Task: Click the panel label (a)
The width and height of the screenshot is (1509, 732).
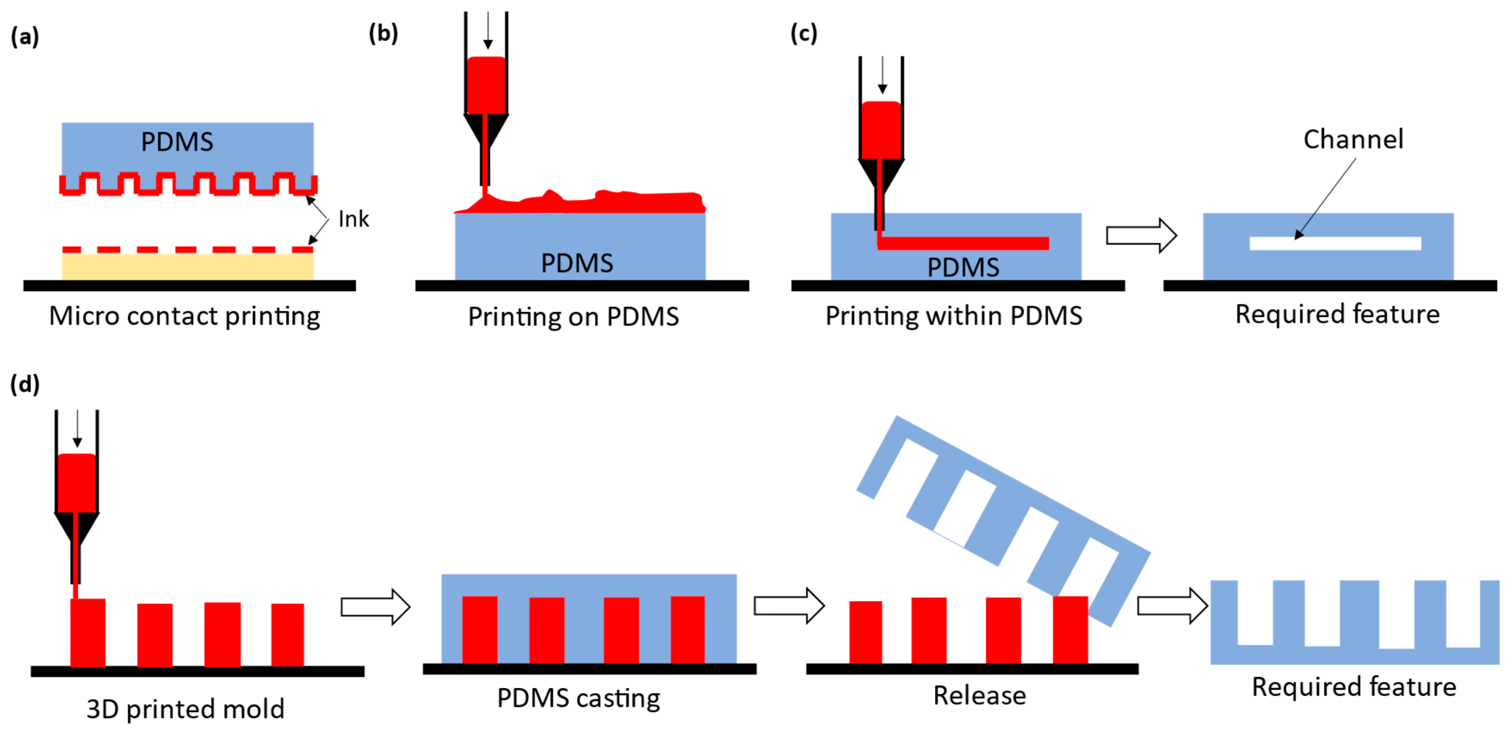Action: click(25, 37)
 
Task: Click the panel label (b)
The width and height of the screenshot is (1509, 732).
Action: click(383, 34)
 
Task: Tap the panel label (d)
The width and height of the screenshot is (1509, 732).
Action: click(25, 384)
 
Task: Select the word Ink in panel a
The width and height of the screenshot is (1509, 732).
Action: click(354, 219)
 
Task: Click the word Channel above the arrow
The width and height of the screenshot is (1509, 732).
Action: click(1353, 139)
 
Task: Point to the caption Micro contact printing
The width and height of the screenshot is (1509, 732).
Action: click(185, 316)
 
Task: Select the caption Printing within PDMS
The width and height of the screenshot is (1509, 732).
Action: click(954, 316)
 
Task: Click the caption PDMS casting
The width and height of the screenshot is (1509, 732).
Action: click(578, 698)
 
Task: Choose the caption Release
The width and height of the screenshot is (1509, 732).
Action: click(979, 696)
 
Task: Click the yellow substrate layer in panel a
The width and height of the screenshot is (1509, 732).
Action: click(188, 267)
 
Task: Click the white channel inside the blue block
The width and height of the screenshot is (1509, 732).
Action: click(1335, 243)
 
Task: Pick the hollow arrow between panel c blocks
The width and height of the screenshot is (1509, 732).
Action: click(1141, 235)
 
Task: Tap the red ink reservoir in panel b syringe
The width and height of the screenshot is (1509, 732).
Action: click(486, 85)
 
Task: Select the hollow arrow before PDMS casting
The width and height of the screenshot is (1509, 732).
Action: click(375, 607)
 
